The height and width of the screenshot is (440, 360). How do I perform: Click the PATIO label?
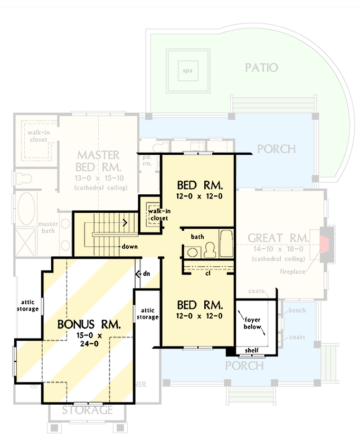click(261, 68)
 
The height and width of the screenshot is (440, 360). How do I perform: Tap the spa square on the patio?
click(185, 70)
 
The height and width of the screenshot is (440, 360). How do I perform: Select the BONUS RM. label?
click(88, 324)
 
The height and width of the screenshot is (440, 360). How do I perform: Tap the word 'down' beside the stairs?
click(129, 247)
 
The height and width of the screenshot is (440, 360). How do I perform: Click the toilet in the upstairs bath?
click(209, 249)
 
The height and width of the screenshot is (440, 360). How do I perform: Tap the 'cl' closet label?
click(208, 274)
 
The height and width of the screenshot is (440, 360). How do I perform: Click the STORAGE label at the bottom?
click(88, 410)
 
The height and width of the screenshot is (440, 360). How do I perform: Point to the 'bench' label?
click(297, 311)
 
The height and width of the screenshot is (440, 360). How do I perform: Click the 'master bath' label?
click(48, 228)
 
